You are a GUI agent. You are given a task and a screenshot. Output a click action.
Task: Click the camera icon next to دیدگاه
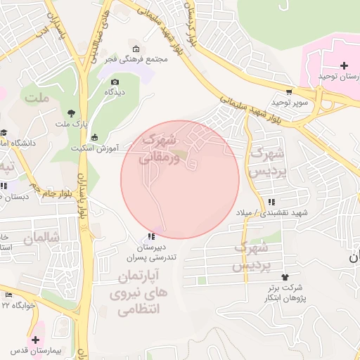[x=115, y=82]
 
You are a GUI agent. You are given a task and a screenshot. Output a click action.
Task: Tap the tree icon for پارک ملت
[x=71, y=113]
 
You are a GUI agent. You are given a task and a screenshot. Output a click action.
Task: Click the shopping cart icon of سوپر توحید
[x=289, y=92]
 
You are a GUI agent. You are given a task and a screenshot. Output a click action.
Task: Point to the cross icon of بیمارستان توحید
[x=343, y=65]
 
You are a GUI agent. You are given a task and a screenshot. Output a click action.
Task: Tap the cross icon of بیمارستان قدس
[x=35, y=340]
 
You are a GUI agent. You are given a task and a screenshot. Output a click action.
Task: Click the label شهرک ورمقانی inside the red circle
[x=161, y=148]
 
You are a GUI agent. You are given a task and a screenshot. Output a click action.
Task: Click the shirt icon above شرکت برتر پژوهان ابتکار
[x=285, y=277]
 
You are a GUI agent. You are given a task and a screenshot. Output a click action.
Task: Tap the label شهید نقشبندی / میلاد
[x=281, y=212]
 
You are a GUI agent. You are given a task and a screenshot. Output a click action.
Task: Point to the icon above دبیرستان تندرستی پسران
[x=151, y=237]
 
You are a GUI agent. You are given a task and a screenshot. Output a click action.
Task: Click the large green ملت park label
[x=36, y=98]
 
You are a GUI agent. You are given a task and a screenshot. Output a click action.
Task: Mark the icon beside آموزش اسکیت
[x=95, y=138]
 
